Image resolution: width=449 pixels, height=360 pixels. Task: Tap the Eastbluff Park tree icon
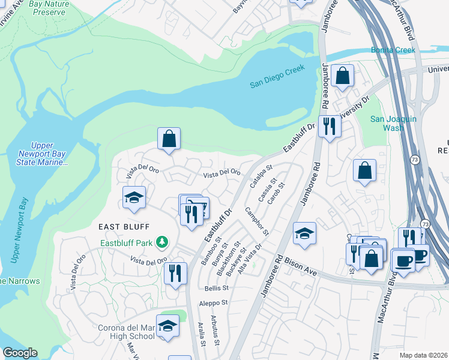pyautogui.click(x=161, y=242)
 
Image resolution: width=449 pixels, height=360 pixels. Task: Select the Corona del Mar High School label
pyautogui.click(x=125, y=332)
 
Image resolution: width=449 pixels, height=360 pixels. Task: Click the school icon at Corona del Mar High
pyautogui.click(x=168, y=326)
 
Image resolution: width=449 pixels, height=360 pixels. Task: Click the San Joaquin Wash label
pyautogui.click(x=393, y=124)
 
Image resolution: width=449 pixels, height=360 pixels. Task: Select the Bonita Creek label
pyautogui.click(x=393, y=50)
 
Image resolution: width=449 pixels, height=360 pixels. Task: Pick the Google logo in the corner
pyautogui.click(x=20, y=353)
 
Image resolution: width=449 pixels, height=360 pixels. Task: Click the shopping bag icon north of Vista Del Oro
pyautogui.click(x=169, y=139)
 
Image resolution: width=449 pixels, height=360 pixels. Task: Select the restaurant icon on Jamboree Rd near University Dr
pyautogui.click(x=329, y=126)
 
